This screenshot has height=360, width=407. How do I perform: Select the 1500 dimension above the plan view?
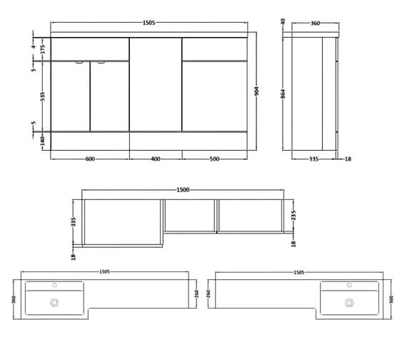[x=183, y=189]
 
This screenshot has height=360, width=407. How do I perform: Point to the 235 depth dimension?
[x=293, y=216]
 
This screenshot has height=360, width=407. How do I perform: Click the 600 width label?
[x=89, y=158]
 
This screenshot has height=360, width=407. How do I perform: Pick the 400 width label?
[x=155, y=158]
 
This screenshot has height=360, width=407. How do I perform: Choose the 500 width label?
[x=214, y=158]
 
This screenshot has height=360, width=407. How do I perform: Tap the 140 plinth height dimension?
[x=42, y=140]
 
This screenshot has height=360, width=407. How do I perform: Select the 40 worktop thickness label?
[x=284, y=21]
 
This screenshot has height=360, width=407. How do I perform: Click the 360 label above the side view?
[x=315, y=24]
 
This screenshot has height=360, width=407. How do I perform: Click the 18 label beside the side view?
[x=348, y=159]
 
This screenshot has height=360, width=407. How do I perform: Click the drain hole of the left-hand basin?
[x=54, y=302]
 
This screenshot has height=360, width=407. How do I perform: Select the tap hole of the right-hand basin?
[x=350, y=286]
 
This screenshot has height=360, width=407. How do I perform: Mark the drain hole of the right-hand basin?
[x=350, y=302]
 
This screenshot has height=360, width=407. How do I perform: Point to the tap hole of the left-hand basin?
[x=54, y=286]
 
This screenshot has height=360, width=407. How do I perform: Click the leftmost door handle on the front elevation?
[x=80, y=63]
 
